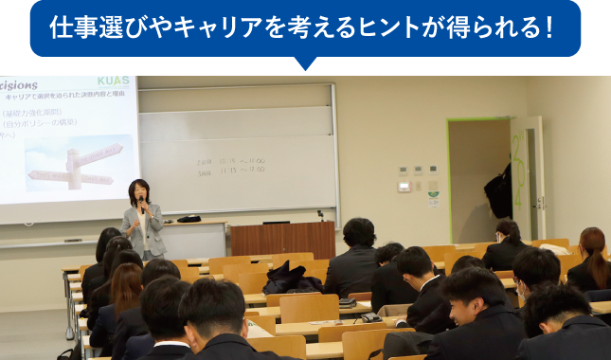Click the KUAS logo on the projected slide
tap(113, 82)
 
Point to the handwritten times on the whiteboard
tap(231, 168)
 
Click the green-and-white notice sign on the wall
tap(433, 199)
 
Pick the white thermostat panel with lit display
tap(404, 186)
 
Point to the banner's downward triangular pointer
tap(305, 63)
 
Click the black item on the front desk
tap(189, 219)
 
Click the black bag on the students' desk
tap(292, 277)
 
